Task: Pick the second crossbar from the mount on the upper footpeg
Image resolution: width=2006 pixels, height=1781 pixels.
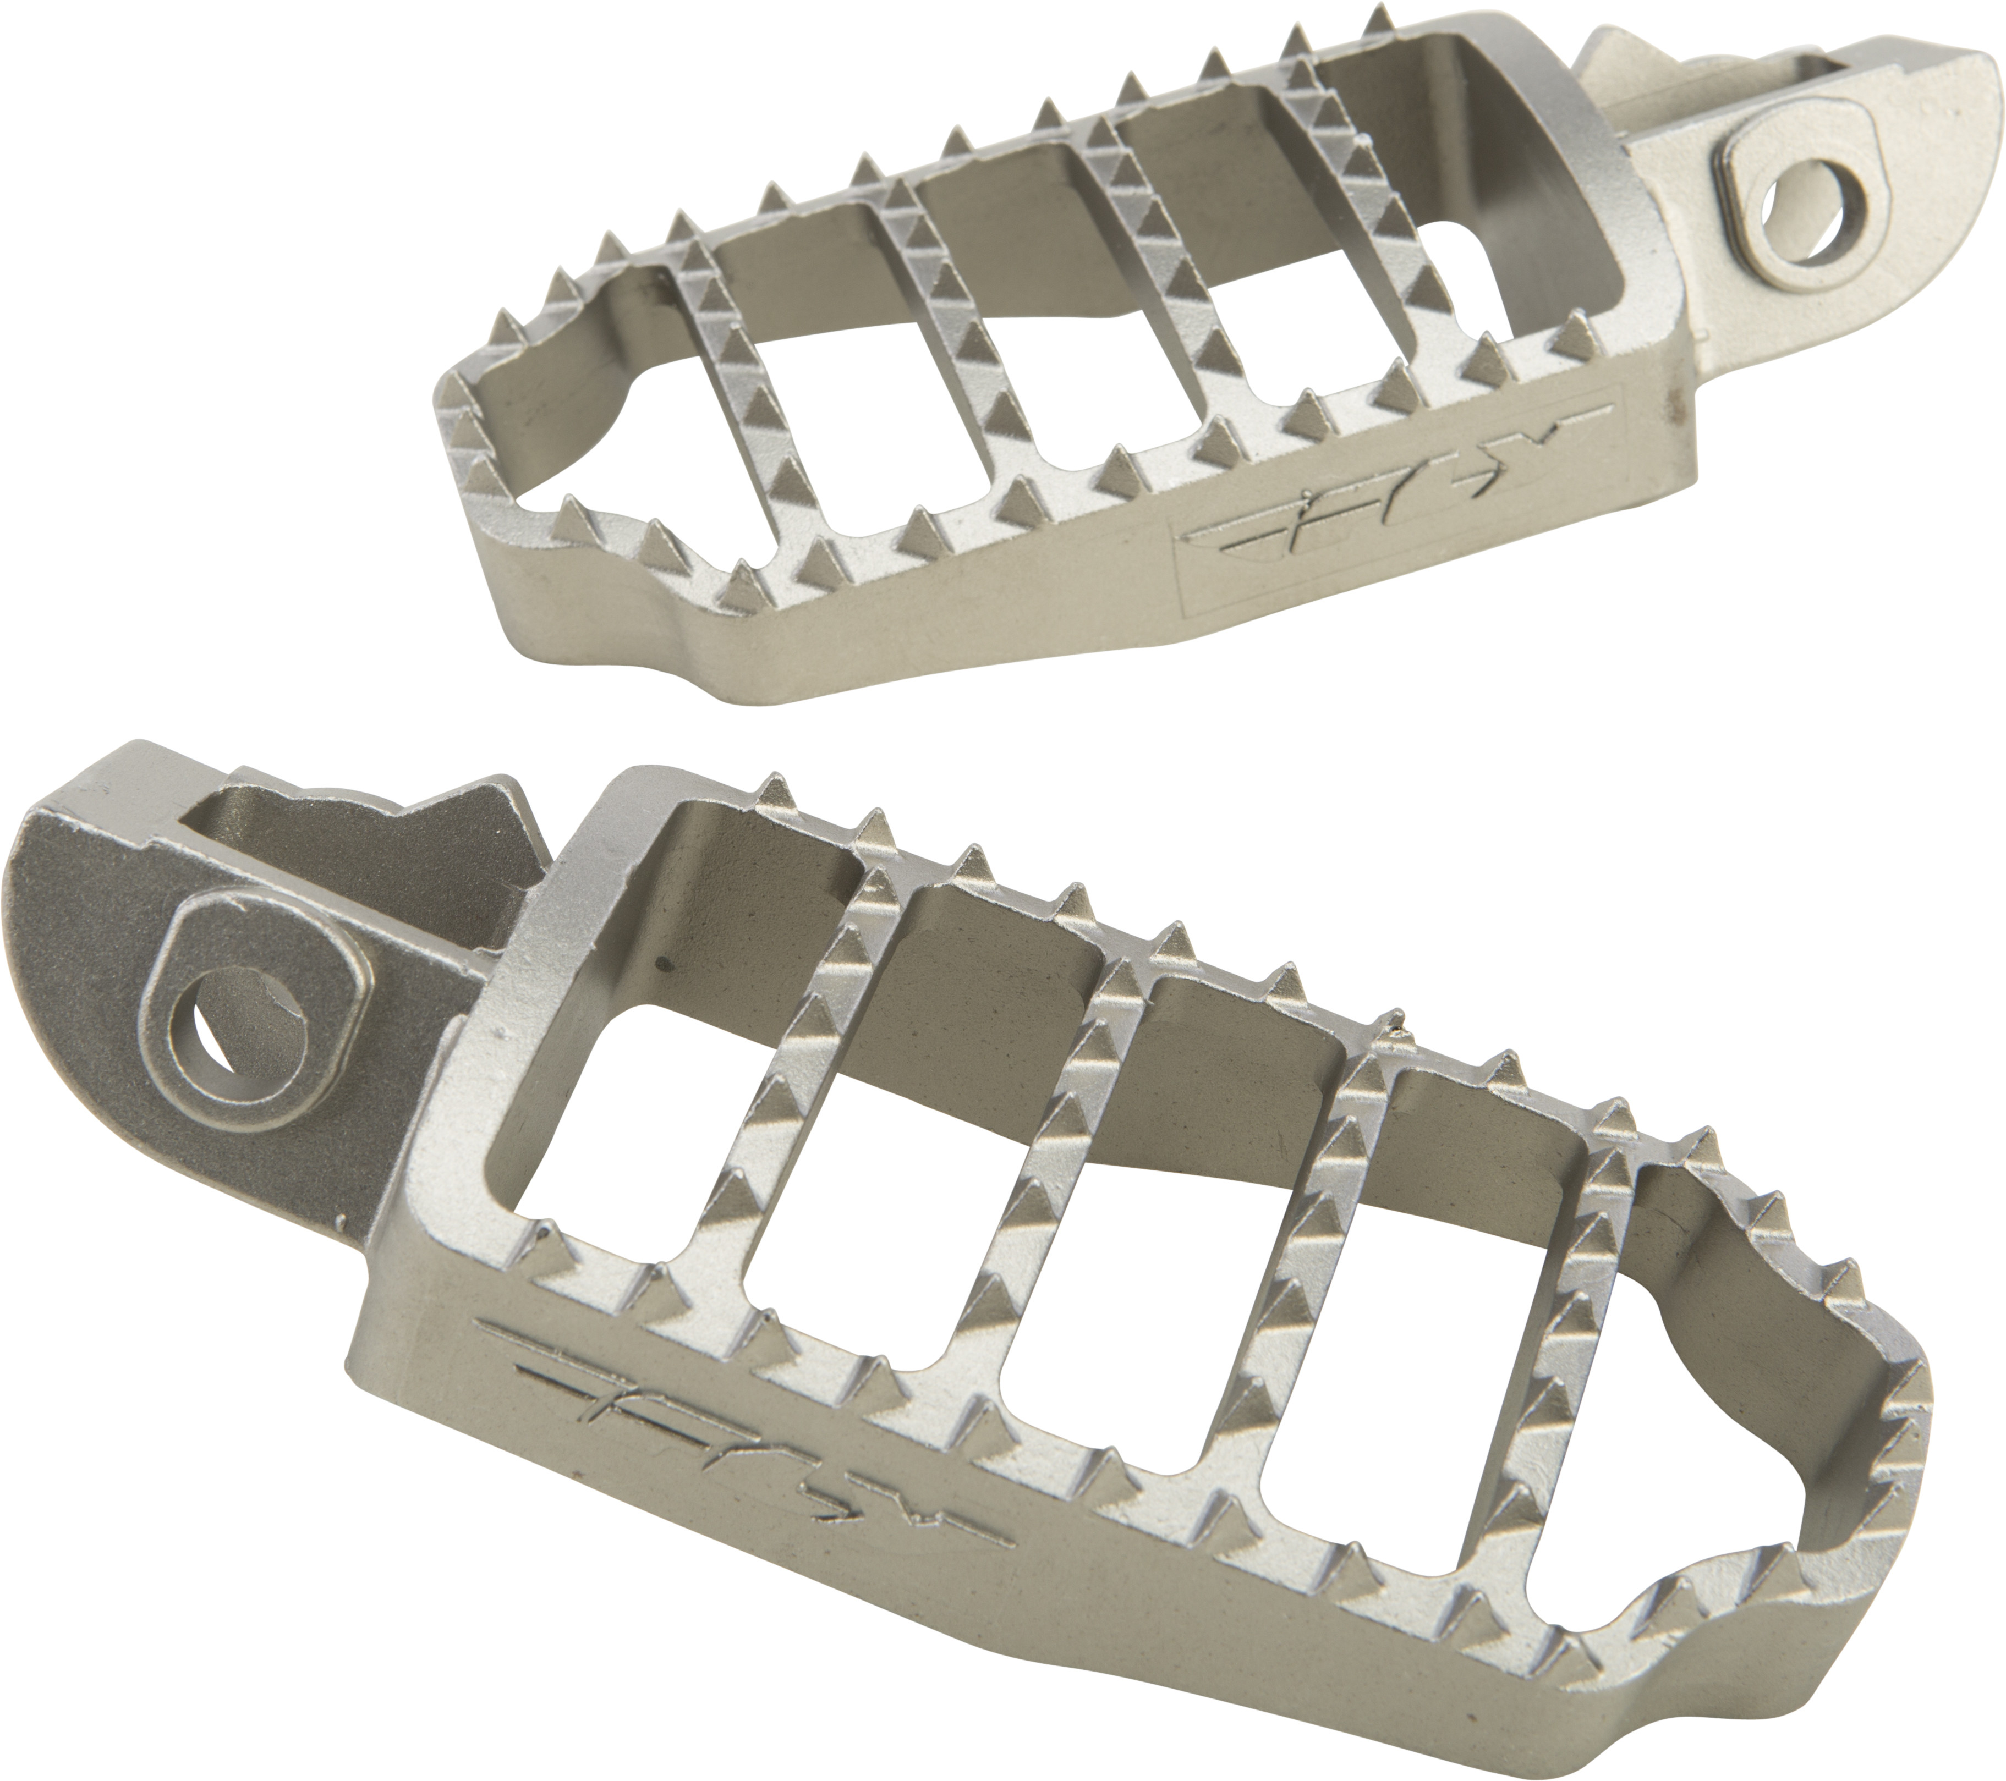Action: [1158, 284]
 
